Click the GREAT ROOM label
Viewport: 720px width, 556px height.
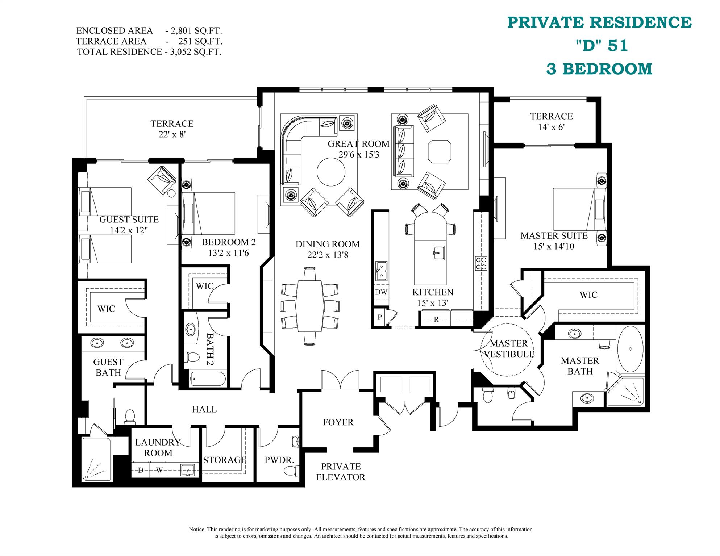coord(358,144)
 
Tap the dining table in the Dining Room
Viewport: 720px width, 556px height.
coord(310,306)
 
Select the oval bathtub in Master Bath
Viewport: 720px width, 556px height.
coord(630,349)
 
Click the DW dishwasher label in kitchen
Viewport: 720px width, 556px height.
coord(381,292)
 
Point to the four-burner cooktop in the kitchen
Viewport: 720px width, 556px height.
coord(481,263)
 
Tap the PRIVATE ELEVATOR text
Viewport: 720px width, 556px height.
coord(341,472)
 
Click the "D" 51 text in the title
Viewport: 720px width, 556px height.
coord(602,46)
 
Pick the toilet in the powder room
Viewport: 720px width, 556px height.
coord(291,471)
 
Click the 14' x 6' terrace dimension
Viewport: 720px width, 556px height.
coord(551,127)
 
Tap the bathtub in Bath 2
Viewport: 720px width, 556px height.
coord(207,379)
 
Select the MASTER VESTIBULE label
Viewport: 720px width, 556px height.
coord(509,349)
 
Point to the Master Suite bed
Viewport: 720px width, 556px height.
coord(574,209)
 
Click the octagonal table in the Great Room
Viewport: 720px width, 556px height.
coord(440,152)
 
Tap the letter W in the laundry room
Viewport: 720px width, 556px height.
coord(159,470)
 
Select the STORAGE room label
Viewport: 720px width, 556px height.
coord(224,460)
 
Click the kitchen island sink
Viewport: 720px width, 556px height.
coord(438,252)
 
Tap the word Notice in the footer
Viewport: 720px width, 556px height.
coord(197,529)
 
